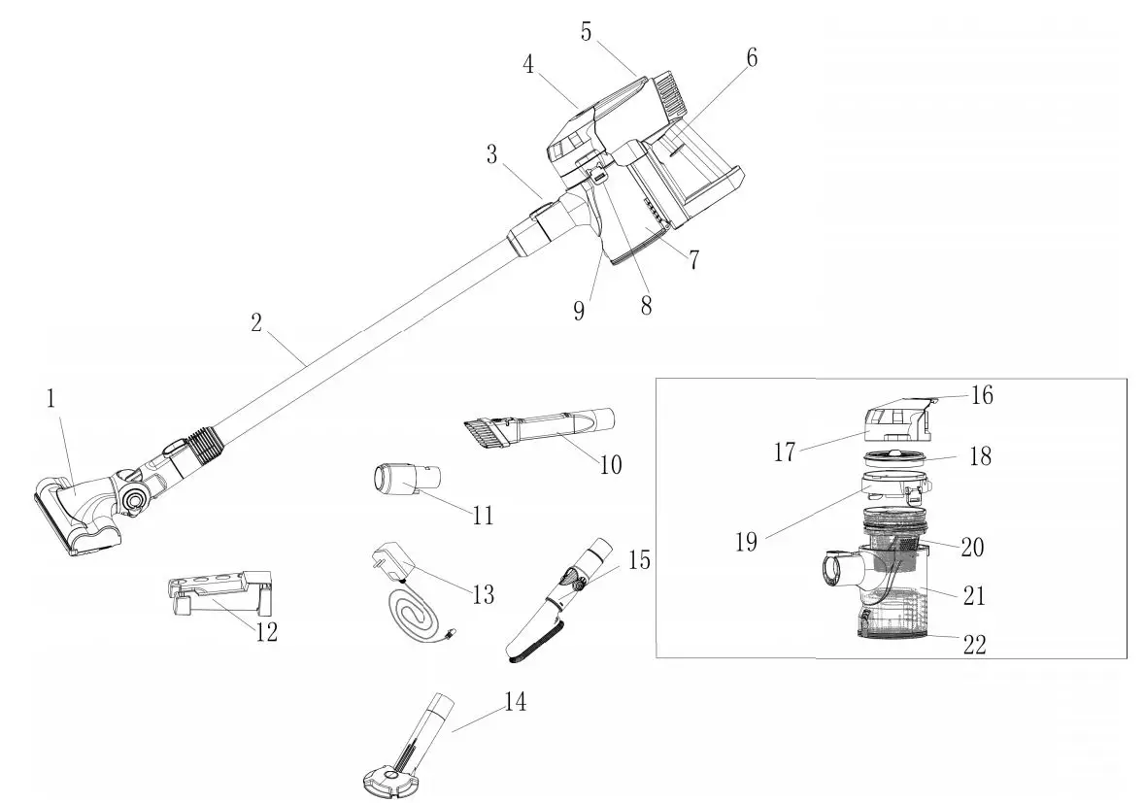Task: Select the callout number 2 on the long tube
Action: tap(256, 323)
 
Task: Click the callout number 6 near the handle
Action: tap(752, 57)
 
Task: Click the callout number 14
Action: tap(516, 702)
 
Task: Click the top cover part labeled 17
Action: tap(893, 422)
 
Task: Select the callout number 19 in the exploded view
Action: tap(746, 542)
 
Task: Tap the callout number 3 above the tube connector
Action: tap(492, 153)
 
